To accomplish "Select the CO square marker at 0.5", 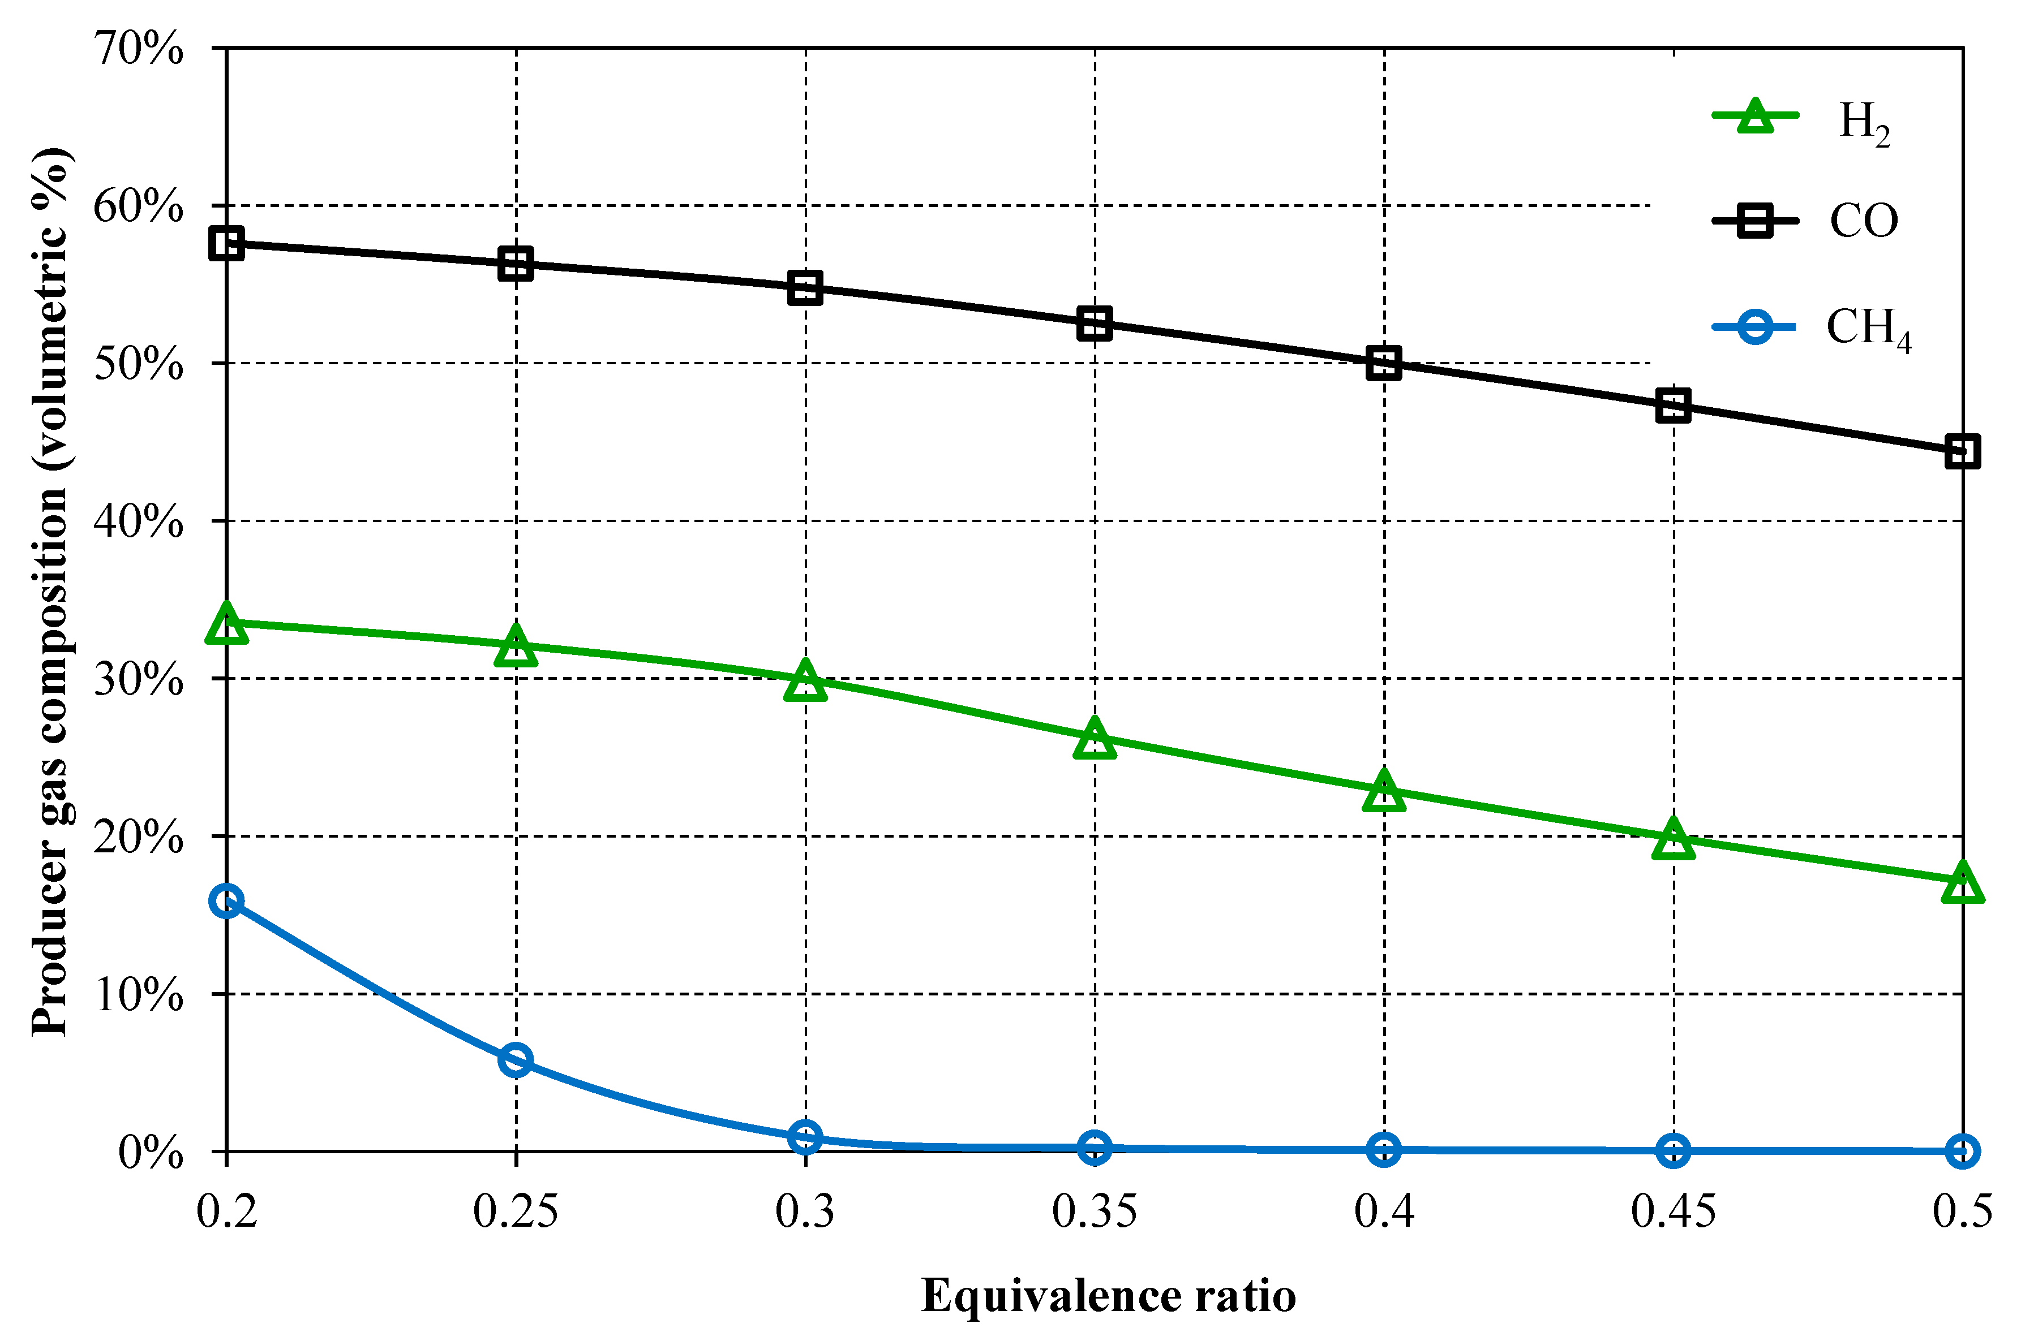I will point(1962,451).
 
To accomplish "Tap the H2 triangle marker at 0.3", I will point(805,682).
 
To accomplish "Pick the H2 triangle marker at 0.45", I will point(1674,840).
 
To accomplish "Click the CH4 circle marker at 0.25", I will point(516,1060).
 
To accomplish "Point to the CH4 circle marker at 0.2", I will point(227,900).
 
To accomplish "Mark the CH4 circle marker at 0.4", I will point(1384,1149).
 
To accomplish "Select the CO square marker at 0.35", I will point(1095,324).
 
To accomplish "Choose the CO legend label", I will point(1864,221).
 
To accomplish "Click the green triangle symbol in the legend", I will point(1755,117).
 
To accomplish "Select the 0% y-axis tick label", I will point(151,1153).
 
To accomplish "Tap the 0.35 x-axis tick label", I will point(1095,1212).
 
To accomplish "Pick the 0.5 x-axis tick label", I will point(1962,1212).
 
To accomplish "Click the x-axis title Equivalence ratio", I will point(1108,1296).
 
